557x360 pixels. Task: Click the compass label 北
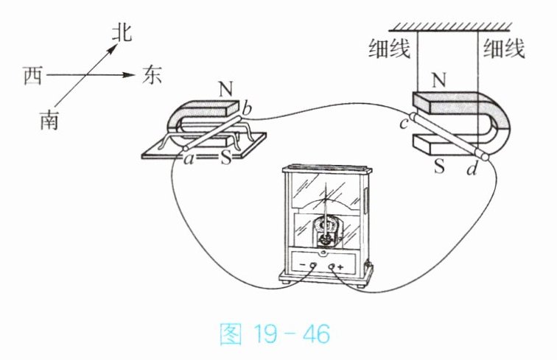[x=122, y=33]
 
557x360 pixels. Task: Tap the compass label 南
[x=49, y=119]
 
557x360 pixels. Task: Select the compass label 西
[x=32, y=75]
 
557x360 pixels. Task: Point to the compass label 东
[x=152, y=75]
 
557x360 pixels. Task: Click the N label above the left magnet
[x=225, y=89]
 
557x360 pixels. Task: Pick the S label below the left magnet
[x=226, y=158]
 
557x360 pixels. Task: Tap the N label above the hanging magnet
[x=439, y=80]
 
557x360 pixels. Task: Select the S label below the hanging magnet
[x=439, y=166]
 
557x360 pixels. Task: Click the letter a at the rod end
[x=189, y=160]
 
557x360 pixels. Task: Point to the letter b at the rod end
[x=246, y=108]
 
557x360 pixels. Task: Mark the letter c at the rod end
[x=404, y=124]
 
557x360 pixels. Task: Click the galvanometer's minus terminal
[x=313, y=265]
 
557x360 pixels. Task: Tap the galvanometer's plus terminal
[x=332, y=265]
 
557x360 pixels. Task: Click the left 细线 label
[x=389, y=49]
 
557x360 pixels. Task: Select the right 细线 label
[x=504, y=49]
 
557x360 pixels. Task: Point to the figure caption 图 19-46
[x=275, y=333]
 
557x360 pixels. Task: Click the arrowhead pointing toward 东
[x=129, y=75]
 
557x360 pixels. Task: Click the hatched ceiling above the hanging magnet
[x=450, y=27]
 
